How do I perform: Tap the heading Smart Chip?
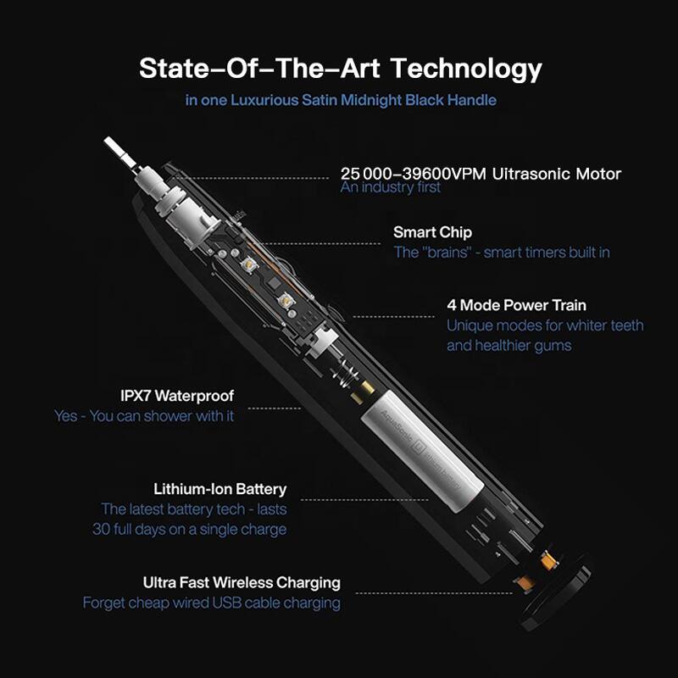click(432, 232)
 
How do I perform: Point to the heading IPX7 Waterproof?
click(177, 396)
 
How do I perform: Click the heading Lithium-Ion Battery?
click(220, 489)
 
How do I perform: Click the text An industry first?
click(390, 188)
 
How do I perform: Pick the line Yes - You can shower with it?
click(144, 416)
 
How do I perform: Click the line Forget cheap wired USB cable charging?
click(211, 603)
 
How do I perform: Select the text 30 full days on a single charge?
click(189, 530)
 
